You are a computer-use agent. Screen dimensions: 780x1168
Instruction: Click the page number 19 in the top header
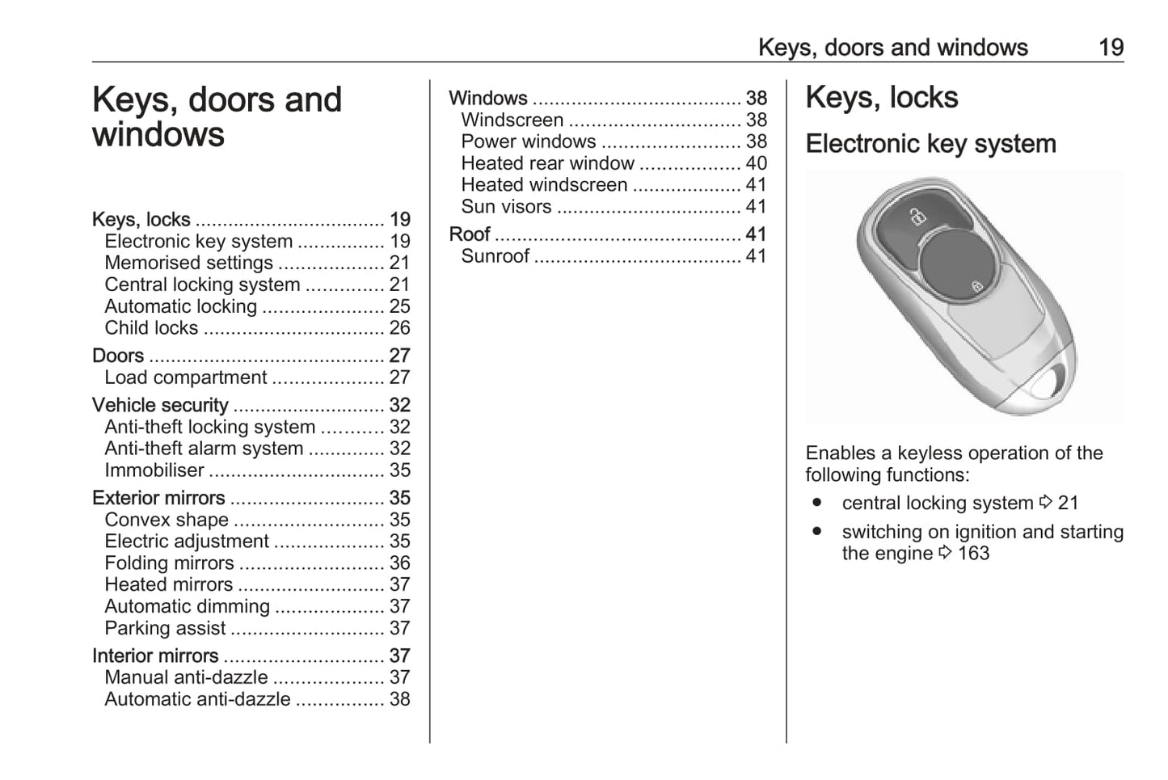[1111, 48]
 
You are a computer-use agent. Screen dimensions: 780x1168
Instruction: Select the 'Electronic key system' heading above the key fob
[930, 144]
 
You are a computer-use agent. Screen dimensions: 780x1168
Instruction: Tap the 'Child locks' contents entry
[151, 328]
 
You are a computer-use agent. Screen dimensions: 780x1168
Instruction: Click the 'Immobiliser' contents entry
[154, 470]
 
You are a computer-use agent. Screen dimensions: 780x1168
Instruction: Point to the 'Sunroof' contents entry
[495, 256]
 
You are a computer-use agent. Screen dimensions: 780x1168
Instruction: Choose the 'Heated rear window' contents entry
[547, 163]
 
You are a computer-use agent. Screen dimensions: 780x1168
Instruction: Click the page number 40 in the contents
[756, 163]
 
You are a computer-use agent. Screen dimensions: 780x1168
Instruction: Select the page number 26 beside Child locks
[399, 328]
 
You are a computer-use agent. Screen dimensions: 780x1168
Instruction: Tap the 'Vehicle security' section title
[160, 405]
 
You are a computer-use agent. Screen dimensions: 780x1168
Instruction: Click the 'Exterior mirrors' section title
[158, 498]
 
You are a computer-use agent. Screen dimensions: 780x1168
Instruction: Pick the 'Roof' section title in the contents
[470, 234]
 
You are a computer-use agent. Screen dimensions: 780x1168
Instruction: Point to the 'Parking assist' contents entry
[165, 628]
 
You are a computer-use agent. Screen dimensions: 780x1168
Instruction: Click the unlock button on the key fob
[916, 217]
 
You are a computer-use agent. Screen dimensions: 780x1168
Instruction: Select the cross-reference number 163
[973, 554]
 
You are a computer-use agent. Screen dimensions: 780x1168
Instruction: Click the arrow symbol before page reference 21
[1045, 503]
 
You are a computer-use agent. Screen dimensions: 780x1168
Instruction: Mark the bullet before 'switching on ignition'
[817, 532]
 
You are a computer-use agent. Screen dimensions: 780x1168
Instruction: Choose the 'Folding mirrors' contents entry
[169, 563]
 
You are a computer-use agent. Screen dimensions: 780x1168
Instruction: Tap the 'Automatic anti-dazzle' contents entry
[197, 699]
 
